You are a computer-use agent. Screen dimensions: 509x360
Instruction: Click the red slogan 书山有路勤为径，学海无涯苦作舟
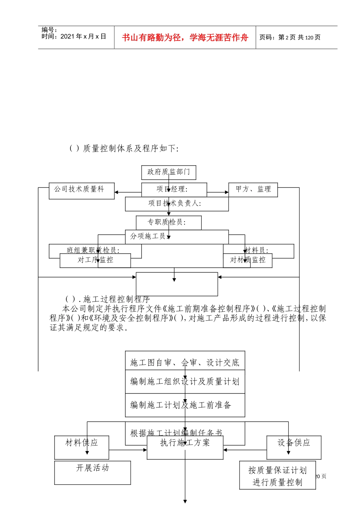pyautogui.click(x=185, y=37)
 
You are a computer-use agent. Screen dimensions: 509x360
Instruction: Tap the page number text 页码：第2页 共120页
pyautogui.click(x=290, y=37)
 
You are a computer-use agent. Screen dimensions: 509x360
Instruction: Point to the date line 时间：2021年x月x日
pyautogui.click(x=74, y=37)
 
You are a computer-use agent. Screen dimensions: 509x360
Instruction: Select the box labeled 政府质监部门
pyautogui.click(x=169, y=172)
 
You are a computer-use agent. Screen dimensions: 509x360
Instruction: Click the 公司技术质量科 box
pyautogui.click(x=81, y=190)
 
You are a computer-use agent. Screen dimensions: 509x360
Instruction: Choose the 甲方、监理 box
pyautogui.click(x=253, y=190)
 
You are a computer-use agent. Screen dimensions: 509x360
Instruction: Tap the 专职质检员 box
pyautogui.click(x=169, y=222)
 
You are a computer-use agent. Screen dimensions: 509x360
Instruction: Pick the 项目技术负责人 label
pyautogui.click(x=175, y=204)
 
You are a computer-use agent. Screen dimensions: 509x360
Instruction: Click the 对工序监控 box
pyautogui.click(x=95, y=260)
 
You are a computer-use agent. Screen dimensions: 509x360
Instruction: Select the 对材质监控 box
pyautogui.click(x=248, y=260)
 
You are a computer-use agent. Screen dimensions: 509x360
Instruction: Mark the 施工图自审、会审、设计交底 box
pyautogui.click(x=185, y=363)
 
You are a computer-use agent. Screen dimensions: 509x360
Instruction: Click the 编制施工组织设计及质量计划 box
pyautogui.click(x=185, y=382)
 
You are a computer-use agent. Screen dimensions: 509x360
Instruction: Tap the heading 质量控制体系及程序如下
pyautogui.click(x=130, y=148)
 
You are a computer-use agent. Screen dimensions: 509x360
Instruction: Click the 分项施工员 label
pyautogui.click(x=149, y=236)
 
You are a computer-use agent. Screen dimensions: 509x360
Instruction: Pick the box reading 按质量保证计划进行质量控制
pyautogui.click(x=277, y=476)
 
